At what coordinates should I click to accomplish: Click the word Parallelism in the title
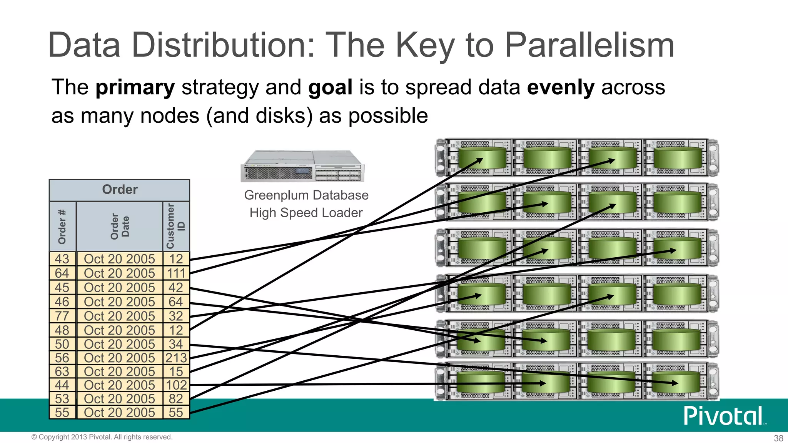[x=589, y=45]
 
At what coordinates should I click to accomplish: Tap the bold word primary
[x=135, y=87]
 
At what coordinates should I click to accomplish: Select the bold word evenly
[x=561, y=87]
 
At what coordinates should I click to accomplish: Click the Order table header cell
[x=120, y=190]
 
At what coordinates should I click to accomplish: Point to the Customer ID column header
[x=176, y=226]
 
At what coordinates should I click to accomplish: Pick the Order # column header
[x=62, y=226]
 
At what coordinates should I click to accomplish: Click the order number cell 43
[x=62, y=259]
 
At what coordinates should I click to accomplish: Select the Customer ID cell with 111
[x=176, y=273]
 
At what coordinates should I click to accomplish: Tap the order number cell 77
[x=62, y=316]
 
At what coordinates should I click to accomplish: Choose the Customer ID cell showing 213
[x=176, y=358]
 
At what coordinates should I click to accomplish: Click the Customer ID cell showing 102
[x=176, y=385]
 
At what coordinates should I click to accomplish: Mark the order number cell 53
[x=62, y=399]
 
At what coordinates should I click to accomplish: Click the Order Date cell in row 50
[x=119, y=344]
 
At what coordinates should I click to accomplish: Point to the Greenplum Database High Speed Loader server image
[x=302, y=166]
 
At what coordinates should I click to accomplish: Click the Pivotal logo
[x=723, y=416]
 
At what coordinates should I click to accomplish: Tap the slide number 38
[x=778, y=438]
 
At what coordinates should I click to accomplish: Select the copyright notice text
[x=102, y=437]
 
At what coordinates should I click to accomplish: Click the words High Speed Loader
[x=306, y=213]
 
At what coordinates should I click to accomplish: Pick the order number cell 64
[x=62, y=273]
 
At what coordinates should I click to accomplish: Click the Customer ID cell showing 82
[x=176, y=399]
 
